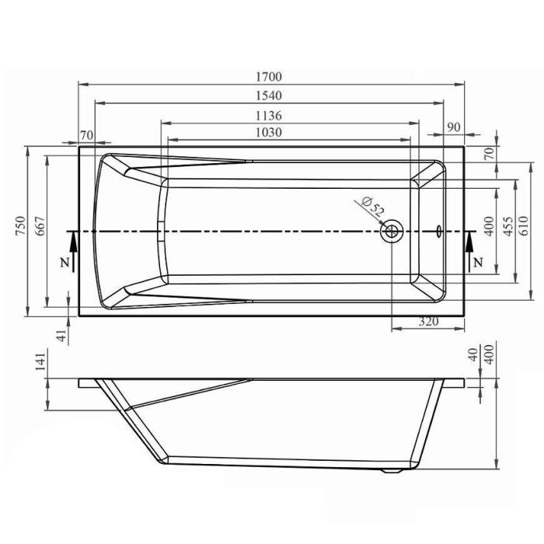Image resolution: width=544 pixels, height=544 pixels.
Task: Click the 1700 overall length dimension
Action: pos(269,77)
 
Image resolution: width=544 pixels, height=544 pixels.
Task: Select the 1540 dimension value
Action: pos(269,96)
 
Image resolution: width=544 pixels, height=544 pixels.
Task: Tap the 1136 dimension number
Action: pos(269,116)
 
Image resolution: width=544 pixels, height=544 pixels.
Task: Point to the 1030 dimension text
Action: pos(269,133)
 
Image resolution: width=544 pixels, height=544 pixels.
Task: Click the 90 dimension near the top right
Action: pos(454,127)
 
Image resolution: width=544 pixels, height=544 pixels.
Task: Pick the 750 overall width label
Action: pos(20,226)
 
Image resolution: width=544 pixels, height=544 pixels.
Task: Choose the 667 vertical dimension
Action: pos(40,226)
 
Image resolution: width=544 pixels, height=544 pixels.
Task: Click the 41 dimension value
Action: pos(61,336)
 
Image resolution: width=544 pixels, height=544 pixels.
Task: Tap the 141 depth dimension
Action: pos(40,361)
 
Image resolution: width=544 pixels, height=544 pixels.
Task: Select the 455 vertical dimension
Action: pos(507,226)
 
